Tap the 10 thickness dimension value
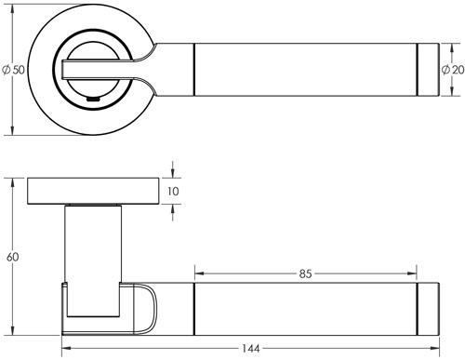point(174,192)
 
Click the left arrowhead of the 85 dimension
point(198,274)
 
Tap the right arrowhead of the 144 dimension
point(434,350)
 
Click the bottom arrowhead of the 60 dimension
point(12,328)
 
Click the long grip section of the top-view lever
point(307,69)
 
